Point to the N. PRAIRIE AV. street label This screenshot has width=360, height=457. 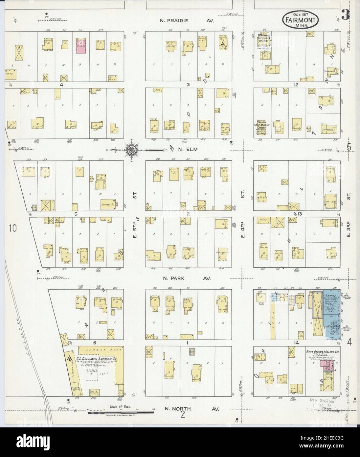pyautogui.click(x=187, y=20)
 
